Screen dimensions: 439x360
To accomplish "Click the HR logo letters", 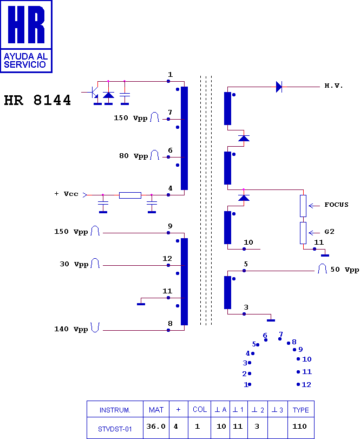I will (26, 25).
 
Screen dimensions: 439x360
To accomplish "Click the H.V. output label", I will (333, 86).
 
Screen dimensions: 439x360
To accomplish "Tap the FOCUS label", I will (336, 205).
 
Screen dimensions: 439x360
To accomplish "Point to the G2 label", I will (329, 231).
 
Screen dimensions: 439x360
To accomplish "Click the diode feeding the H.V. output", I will (279, 86).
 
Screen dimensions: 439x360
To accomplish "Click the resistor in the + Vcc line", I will (130, 195).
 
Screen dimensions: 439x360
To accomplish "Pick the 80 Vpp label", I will (133, 156).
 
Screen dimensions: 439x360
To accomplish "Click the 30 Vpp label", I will (74, 265).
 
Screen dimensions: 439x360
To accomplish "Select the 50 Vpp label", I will (344, 270).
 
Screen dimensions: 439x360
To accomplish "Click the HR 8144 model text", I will (37, 101).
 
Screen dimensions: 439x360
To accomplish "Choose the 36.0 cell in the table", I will (156, 426).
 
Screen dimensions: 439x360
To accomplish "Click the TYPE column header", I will (300, 409).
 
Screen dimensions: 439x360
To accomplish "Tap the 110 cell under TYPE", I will (300, 427).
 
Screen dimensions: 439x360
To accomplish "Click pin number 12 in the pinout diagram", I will (307, 385).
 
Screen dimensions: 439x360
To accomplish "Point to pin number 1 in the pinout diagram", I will (246, 385).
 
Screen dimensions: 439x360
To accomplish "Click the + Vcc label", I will (67, 194).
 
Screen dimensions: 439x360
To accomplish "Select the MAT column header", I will (156, 409).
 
